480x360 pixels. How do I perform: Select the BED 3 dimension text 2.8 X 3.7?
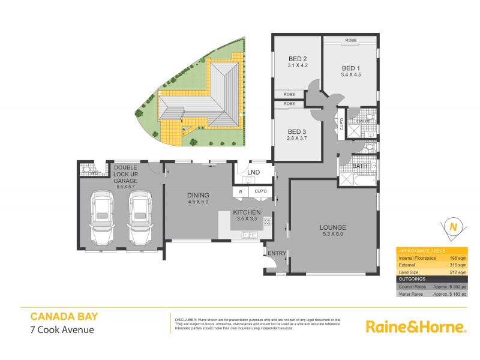coord(297,139)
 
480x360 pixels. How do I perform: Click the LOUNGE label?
coord(333,227)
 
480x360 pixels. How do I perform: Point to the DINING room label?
coord(198,195)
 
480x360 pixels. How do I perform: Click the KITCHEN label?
coord(247,212)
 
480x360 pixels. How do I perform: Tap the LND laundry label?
coord(253,173)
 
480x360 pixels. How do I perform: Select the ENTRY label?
coord(277,254)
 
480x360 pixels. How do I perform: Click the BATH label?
coord(360,166)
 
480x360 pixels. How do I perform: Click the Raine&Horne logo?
coord(416,326)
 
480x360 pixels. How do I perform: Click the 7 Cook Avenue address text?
coord(62,329)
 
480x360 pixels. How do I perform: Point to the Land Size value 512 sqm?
coord(457,272)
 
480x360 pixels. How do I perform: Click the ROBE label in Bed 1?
coord(351,41)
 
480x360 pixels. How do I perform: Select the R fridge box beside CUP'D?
coord(240,191)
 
